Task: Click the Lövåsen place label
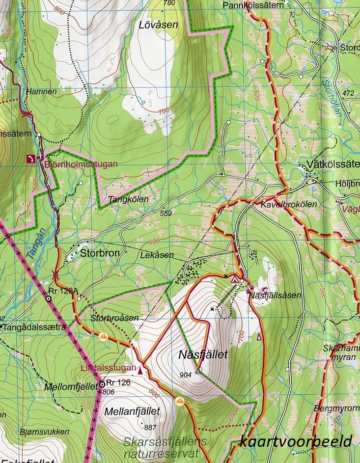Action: click(x=158, y=24)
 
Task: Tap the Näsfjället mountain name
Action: click(x=203, y=354)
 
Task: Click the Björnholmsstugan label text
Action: click(x=81, y=164)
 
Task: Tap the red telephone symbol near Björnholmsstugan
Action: click(x=31, y=158)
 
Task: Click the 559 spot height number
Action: click(x=166, y=213)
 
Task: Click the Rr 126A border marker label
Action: click(x=67, y=291)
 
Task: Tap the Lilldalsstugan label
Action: click(x=109, y=367)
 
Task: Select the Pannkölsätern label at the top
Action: click(x=253, y=5)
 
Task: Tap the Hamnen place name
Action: click(x=42, y=91)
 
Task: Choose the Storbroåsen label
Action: click(x=114, y=318)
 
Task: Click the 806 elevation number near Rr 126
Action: click(x=109, y=392)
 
